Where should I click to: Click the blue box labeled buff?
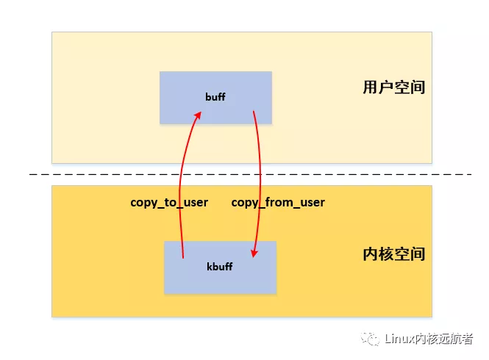215,97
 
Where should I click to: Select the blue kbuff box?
220,267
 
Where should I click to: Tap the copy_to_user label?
169,202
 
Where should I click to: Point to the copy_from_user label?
278,202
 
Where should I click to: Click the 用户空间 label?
393,87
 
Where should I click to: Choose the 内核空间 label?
393,254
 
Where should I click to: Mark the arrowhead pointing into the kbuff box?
254,254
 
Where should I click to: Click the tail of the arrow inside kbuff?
182,256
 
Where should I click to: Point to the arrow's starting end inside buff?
254,112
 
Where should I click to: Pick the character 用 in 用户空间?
371,87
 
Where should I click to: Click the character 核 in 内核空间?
386,254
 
